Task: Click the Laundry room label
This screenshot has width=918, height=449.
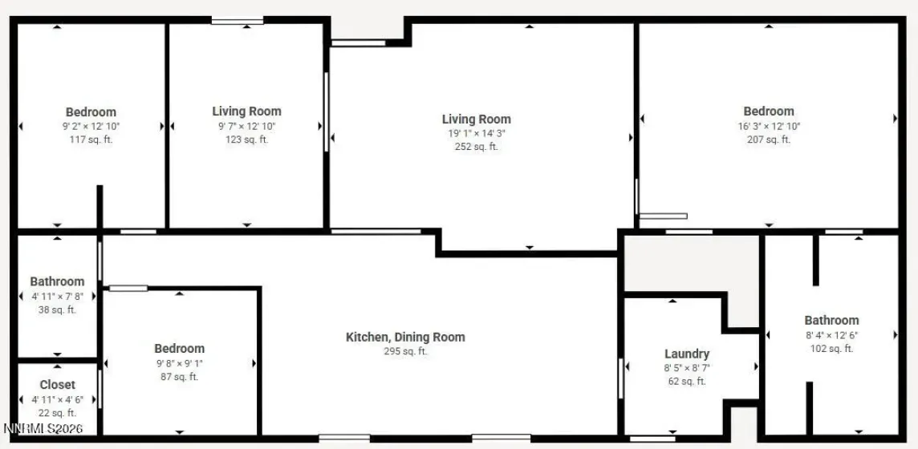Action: (x=687, y=354)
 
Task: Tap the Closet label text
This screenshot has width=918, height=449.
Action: (x=57, y=385)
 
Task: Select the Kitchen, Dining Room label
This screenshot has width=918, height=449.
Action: (x=405, y=338)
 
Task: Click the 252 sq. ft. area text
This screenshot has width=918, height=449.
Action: (x=477, y=147)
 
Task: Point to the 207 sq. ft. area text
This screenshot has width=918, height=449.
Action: (x=769, y=140)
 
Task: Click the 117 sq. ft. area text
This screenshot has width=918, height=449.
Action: (x=91, y=140)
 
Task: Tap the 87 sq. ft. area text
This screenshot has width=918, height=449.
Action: (x=179, y=377)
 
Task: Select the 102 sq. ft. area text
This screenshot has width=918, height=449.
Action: (x=831, y=349)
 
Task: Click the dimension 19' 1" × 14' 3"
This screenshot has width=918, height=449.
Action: (x=477, y=133)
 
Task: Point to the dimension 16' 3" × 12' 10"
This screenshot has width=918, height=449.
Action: (x=769, y=126)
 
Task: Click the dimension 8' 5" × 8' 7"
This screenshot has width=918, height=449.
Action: (x=687, y=368)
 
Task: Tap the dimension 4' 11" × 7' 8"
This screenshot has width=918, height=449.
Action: (x=57, y=296)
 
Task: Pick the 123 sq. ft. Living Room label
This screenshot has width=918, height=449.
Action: (x=246, y=111)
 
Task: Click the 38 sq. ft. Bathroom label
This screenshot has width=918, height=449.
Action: (x=57, y=281)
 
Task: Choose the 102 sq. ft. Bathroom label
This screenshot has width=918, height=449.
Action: (x=831, y=320)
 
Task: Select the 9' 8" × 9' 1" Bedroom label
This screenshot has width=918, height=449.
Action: (x=179, y=348)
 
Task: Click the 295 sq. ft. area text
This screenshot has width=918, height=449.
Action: (x=405, y=351)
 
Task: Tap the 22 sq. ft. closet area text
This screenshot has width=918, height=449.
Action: (x=57, y=413)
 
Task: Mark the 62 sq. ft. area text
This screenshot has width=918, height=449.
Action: (x=687, y=382)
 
